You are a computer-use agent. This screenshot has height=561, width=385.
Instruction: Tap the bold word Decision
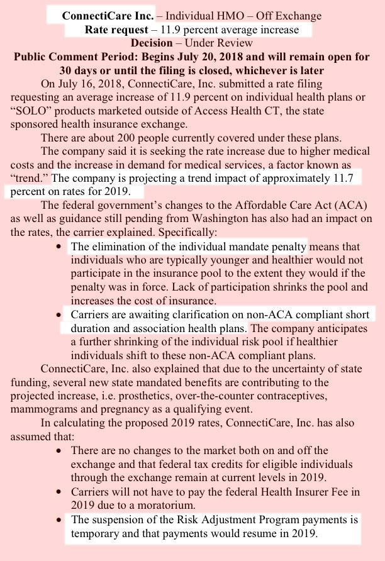tap(150, 43)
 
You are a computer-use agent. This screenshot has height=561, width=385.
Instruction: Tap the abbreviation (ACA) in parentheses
tap(347, 206)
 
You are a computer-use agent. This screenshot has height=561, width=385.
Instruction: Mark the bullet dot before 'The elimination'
tap(59, 247)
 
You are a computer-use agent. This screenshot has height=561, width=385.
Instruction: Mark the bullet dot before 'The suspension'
tap(59, 520)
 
